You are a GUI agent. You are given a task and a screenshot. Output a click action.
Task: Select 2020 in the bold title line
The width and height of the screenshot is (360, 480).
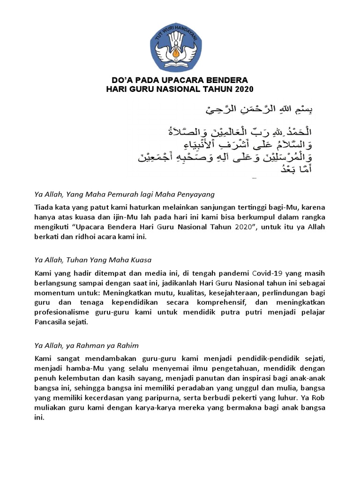coord(243,89)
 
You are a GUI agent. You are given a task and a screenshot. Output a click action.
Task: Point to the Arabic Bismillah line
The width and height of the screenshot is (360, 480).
coord(259,110)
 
